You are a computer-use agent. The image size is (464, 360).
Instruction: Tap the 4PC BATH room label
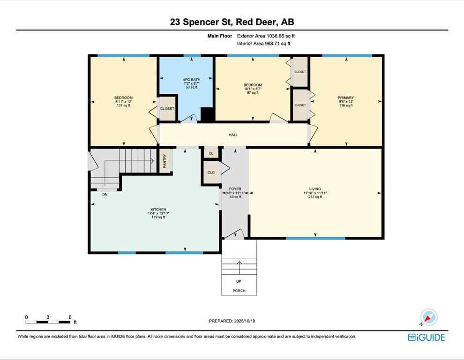coord(191,79)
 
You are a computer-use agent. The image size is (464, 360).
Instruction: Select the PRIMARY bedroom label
coord(346,98)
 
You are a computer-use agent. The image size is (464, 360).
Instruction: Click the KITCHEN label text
coord(158,210)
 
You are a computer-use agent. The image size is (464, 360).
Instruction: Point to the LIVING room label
coord(315,189)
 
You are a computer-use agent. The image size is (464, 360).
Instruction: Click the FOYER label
coord(235,189)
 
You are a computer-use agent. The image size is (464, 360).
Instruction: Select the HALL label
coord(233,135)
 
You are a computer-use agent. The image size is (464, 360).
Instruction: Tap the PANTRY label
coord(165,161)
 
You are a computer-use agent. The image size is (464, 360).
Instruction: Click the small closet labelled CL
coord(211,153)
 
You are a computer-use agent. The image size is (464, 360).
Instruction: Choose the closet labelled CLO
coord(211,172)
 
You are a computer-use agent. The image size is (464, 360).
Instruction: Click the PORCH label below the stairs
coord(239,291)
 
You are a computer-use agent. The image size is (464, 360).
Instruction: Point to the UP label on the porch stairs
coord(239,281)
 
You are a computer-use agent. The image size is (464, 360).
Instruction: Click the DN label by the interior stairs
coord(105,194)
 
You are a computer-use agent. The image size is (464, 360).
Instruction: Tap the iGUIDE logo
coord(426,337)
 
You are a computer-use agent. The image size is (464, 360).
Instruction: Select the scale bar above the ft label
coord(48,322)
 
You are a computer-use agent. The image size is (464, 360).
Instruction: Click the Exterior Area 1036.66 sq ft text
coord(266,36)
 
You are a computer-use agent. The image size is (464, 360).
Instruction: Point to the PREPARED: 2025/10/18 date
coord(232,321)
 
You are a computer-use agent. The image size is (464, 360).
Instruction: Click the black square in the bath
coord(206,115)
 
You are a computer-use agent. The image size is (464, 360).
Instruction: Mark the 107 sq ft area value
coord(123,105)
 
